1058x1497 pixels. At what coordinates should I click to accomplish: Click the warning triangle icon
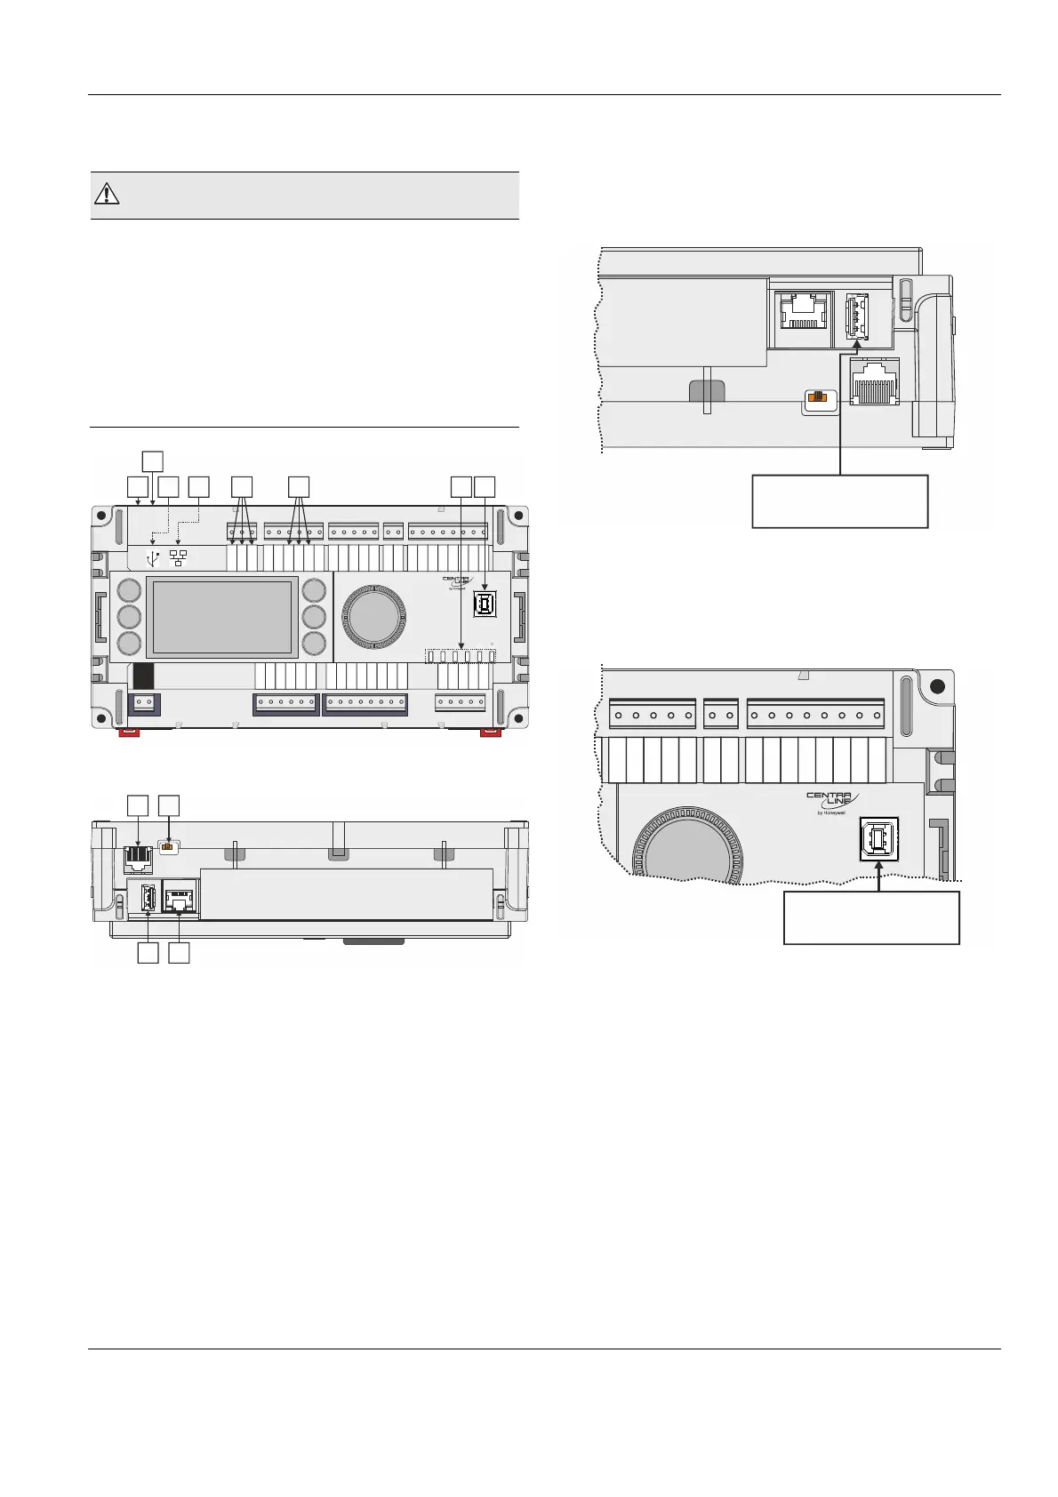(x=107, y=194)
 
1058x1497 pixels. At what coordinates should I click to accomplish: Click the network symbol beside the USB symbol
(x=179, y=558)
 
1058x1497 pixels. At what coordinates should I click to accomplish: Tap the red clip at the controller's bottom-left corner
(x=130, y=732)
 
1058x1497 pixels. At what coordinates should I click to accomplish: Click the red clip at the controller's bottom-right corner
(x=490, y=732)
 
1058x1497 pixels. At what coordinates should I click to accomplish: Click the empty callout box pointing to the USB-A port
(x=839, y=501)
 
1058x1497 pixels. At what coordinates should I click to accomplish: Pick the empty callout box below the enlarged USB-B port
(x=870, y=917)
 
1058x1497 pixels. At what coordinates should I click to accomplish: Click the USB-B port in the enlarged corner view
(x=878, y=839)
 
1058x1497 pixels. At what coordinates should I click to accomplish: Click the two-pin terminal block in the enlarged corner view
(x=721, y=715)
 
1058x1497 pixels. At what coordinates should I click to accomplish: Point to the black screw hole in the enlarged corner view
(x=935, y=687)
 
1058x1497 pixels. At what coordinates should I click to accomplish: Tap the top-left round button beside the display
(x=129, y=591)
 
